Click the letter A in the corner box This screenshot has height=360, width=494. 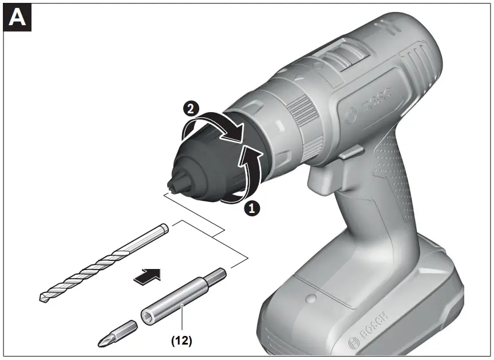point(17,18)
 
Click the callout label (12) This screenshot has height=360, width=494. point(181,341)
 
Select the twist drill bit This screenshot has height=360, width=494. point(103,263)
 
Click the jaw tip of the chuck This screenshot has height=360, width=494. point(172,185)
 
